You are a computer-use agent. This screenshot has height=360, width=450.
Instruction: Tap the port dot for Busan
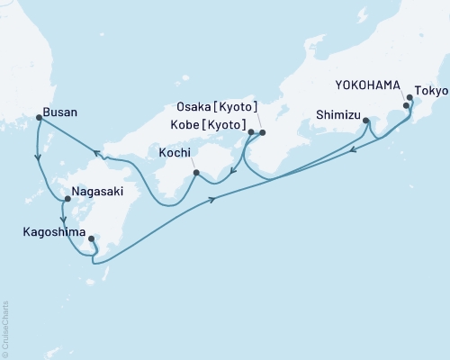coord(39,117)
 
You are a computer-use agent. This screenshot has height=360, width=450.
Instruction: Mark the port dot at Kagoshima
coord(92,238)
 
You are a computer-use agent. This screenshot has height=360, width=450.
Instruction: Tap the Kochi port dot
coord(196,171)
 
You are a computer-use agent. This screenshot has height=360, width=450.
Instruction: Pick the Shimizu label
coord(338,114)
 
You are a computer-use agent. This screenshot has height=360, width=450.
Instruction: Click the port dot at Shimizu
coord(366,120)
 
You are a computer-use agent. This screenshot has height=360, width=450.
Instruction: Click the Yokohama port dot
coord(406,106)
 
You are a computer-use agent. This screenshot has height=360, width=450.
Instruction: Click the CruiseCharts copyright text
coord(5,328)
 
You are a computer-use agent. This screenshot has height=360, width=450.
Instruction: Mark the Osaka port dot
coord(263,133)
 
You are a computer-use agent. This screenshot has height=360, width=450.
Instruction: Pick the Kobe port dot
coord(251,132)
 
